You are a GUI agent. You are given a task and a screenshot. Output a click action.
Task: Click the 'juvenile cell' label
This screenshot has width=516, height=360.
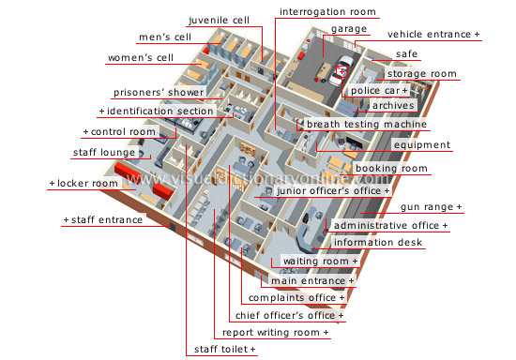point(219,20)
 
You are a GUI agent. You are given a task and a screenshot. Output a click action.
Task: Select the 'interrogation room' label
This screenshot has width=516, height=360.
point(327,13)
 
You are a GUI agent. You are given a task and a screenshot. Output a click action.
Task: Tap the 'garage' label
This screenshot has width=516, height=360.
point(348,30)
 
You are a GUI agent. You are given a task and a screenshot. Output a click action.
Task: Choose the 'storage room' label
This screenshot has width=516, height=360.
point(422,74)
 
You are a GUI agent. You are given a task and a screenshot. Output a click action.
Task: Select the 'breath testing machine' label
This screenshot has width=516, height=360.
point(367,125)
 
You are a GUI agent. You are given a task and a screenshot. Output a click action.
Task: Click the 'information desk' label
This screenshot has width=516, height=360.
point(379,243)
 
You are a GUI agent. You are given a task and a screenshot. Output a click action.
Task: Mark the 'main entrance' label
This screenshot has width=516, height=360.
point(313,280)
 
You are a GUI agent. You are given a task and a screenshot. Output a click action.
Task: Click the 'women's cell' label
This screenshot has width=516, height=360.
point(140,57)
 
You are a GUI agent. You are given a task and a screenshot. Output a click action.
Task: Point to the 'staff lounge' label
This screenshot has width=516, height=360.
point(105,153)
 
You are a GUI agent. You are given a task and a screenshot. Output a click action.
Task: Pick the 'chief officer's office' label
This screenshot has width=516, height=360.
point(289,315)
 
